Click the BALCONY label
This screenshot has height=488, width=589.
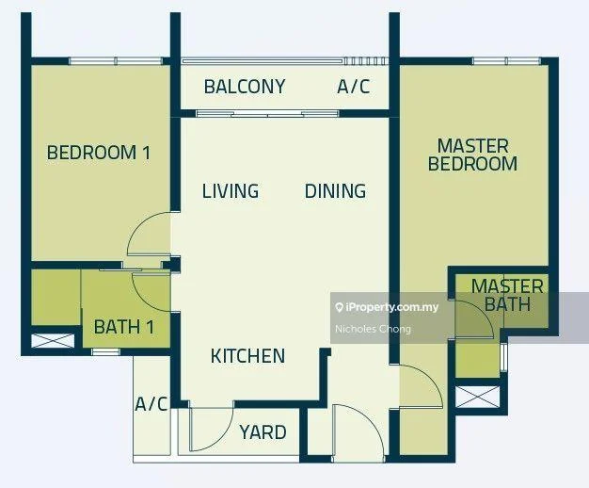[x=245, y=87]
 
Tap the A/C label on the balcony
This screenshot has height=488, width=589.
[x=354, y=87]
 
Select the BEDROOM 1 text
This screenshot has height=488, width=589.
[x=99, y=153]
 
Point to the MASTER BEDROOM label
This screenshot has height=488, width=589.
[x=473, y=155]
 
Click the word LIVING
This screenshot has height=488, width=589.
[x=231, y=191]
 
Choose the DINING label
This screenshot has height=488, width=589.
[x=336, y=191]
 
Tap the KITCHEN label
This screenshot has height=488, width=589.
[x=247, y=356]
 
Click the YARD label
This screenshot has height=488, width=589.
[x=263, y=432]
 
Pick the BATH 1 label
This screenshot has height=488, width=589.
[x=124, y=327]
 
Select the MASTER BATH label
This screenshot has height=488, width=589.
[x=507, y=296]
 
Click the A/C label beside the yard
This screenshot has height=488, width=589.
[x=151, y=404]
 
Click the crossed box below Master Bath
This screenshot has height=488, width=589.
[x=477, y=397]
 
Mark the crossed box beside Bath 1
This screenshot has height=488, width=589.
[x=53, y=340]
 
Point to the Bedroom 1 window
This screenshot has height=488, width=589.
[x=116, y=61]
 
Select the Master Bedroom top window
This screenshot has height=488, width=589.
[x=506, y=61]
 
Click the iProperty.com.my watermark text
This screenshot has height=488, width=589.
[x=388, y=307]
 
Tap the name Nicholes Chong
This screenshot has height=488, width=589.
[x=373, y=329]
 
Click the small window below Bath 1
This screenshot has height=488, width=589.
[x=106, y=352]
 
